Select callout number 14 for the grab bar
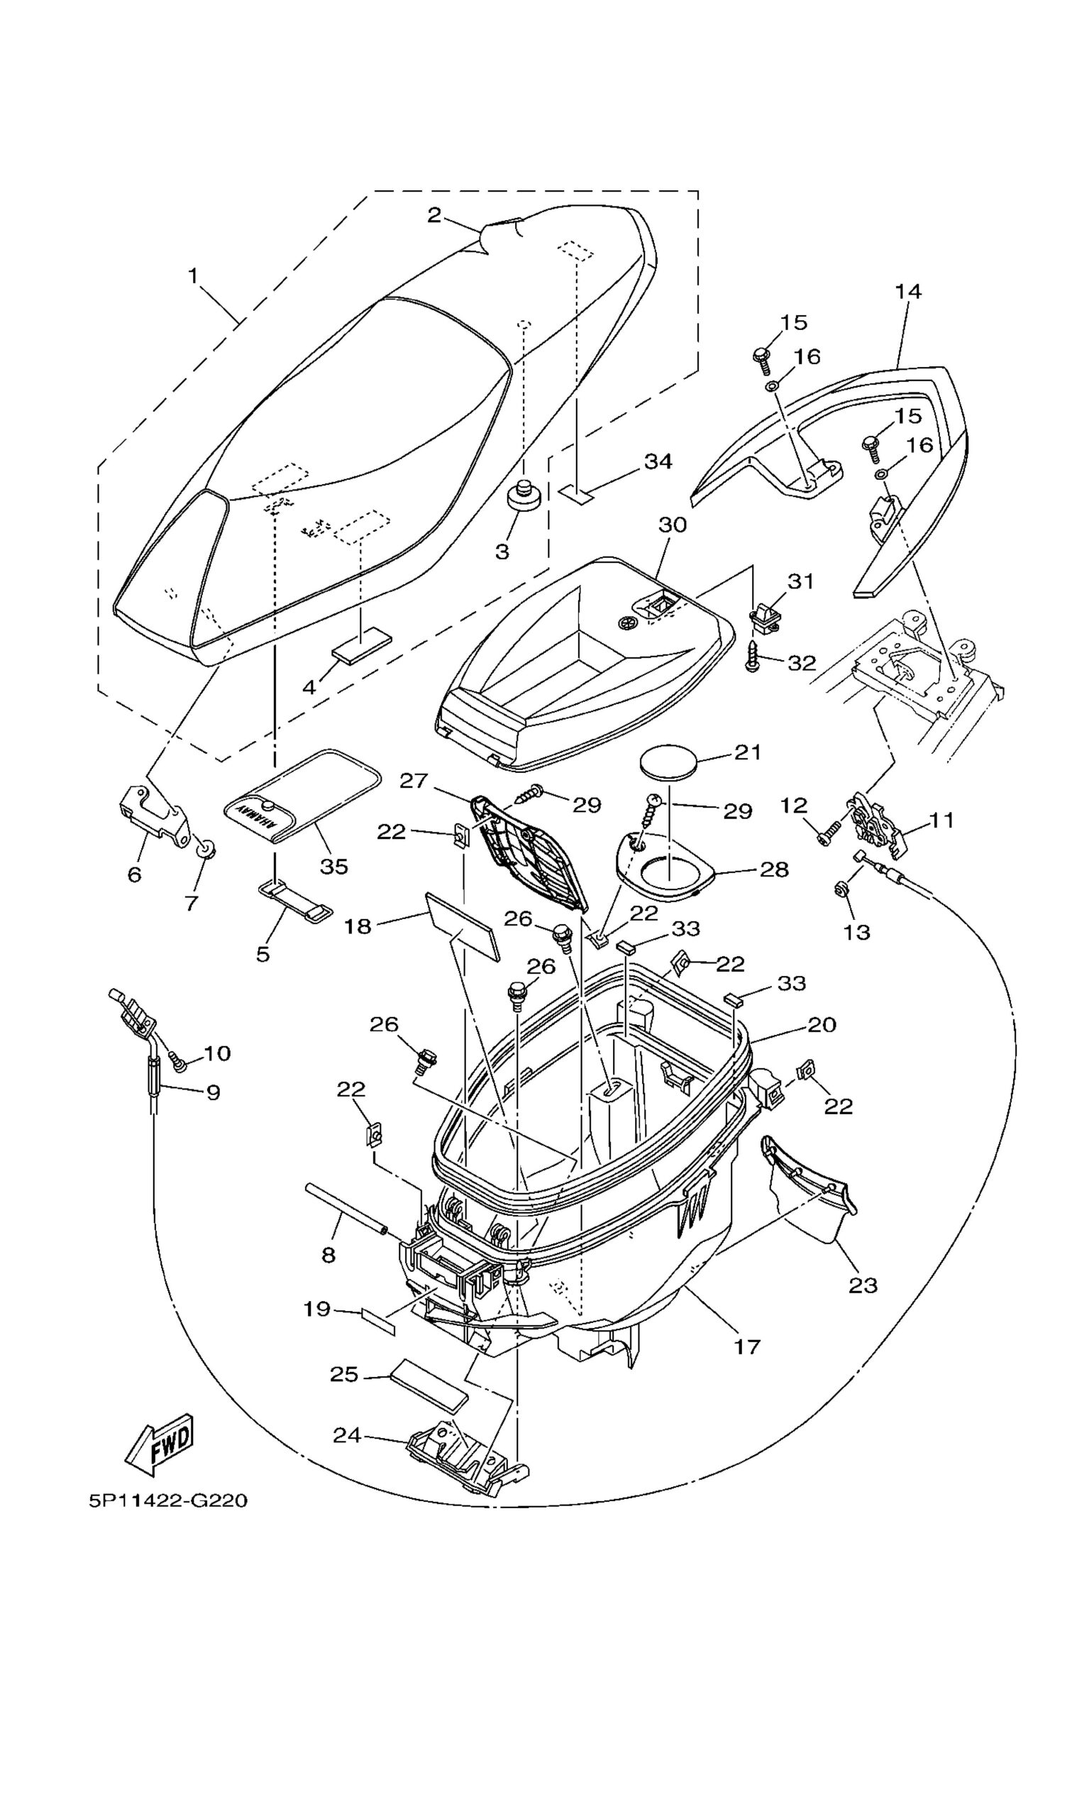pos(908,291)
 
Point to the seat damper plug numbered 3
pos(525,497)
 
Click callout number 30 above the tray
pos(673,525)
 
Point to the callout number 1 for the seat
pos(193,275)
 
